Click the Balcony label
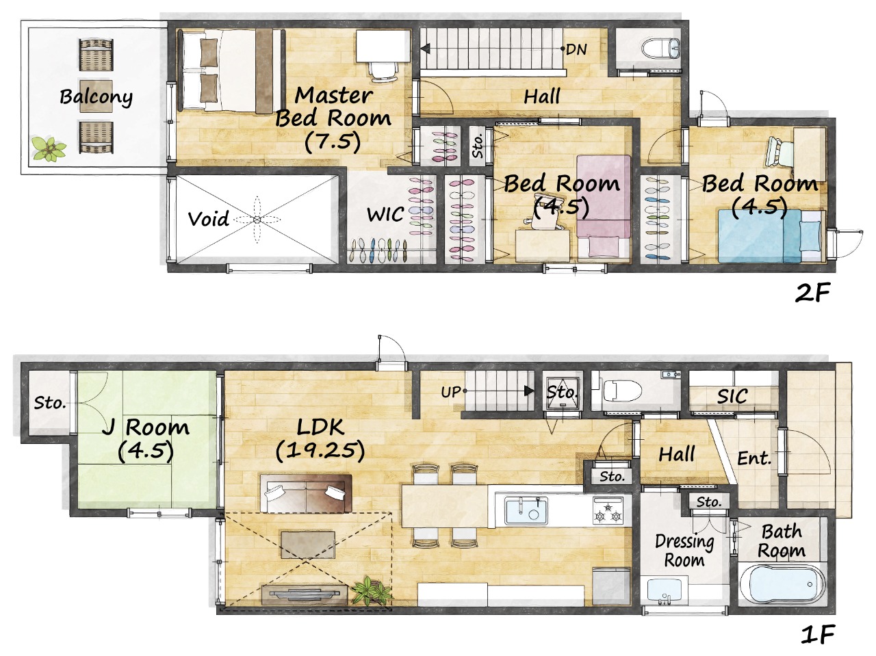click(x=96, y=96)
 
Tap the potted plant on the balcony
click(x=49, y=148)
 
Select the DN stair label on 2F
click(x=576, y=49)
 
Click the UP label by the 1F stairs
click(x=451, y=392)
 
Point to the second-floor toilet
click(x=660, y=49)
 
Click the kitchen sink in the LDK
click(x=526, y=510)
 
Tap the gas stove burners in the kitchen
click(x=608, y=511)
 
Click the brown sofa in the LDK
click(x=306, y=493)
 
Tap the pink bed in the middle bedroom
click(x=604, y=206)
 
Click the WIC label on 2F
click(x=385, y=215)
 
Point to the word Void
click(x=208, y=218)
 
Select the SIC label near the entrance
click(x=732, y=396)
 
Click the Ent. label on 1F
click(x=753, y=458)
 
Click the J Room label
click(x=145, y=428)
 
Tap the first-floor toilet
click(x=622, y=391)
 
